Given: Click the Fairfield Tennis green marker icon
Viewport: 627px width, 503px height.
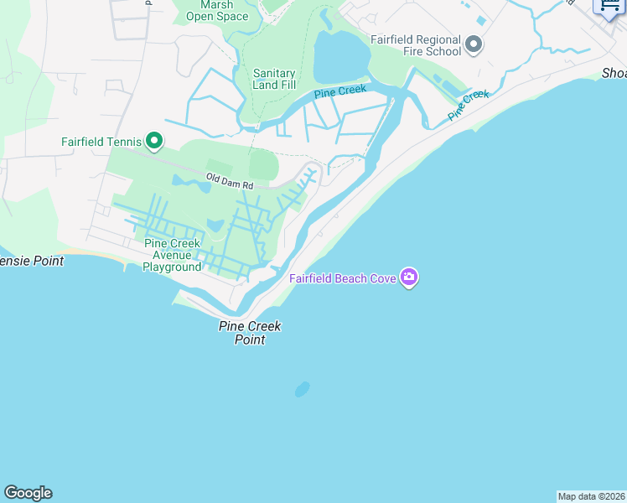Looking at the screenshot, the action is [x=153, y=141].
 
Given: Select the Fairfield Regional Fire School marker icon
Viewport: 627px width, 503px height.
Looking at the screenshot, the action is [x=474, y=44].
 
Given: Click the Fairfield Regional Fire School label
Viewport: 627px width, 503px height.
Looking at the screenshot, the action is [x=416, y=45].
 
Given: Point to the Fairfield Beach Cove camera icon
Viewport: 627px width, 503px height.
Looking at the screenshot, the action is [x=408, y=277].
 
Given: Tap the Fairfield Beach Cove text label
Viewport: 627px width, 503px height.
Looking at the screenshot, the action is [x=343, y=278].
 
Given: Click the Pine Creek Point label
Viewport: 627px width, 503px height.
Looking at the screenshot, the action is [x=250, y=333].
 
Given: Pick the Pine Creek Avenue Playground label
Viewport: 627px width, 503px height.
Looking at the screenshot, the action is [x=172, y=255].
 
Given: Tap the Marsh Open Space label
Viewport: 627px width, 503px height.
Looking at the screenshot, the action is [x=217, y=11].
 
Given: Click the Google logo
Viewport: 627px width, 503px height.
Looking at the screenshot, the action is [x=28, y=493].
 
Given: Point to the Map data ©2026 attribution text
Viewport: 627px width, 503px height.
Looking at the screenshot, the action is [x=591, y=496].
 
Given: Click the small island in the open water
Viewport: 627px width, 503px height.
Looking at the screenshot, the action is [x=302, y=389].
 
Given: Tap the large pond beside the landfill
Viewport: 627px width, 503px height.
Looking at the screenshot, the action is [x=340, y=59].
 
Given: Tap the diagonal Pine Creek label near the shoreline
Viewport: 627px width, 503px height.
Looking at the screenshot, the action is [x=468, y=105].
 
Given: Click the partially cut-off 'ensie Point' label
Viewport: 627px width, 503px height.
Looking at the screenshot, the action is [x=32, y=261].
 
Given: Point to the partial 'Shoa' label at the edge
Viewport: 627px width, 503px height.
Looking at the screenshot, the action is [x=614, y=74].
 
